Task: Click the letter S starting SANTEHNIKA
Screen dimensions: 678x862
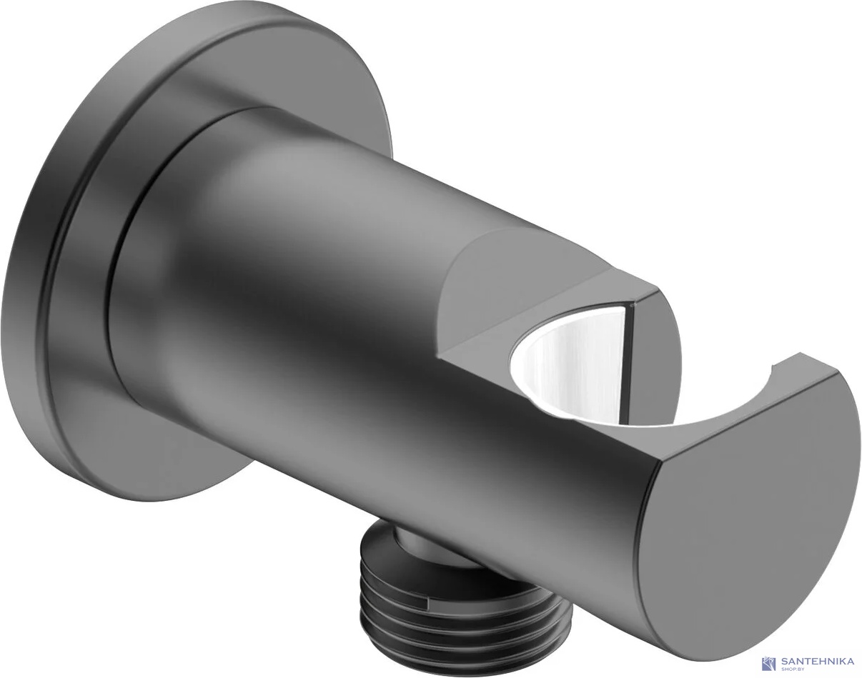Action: pyautogui.click(x=784, y=662)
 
